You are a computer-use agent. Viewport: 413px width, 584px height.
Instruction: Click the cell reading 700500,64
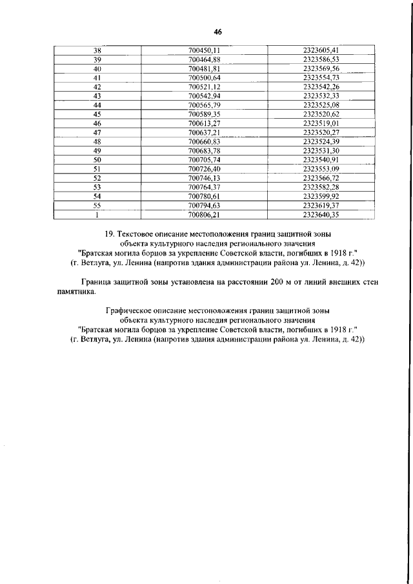point(205,77)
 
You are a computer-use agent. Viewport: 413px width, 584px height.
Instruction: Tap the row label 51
point(97,168)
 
